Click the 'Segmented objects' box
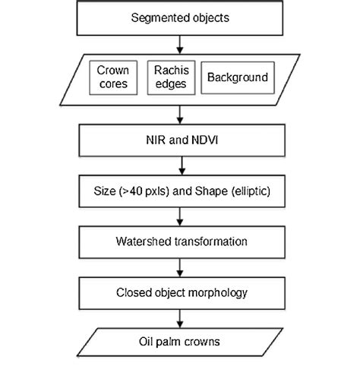tap(180, 17)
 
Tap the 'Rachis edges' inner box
tap(168, 77)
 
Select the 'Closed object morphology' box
tap(180, 291)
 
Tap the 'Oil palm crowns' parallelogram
tap(180, 341)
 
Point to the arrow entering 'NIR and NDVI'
tap(180, 115)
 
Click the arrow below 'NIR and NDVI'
tap(180, 164)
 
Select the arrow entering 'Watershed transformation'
tap(180, 216)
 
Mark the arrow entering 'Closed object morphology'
tap(180, 267)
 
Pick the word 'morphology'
tap(215, 291)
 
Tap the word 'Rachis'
tap(168, 70)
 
